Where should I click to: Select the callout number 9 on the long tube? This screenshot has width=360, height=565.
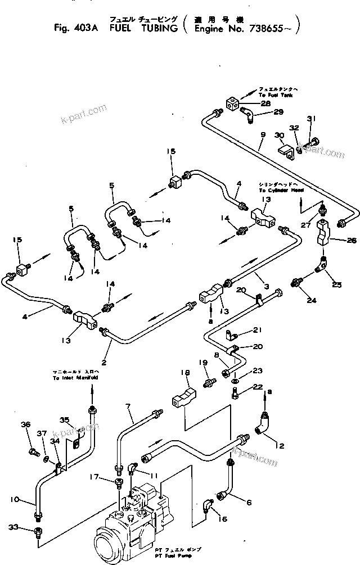point(262,135)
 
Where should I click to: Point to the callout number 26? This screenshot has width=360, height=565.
point(336,241)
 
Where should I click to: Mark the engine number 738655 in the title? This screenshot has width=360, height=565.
point(268,25)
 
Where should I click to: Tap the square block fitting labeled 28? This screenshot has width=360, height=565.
point(232,103)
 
